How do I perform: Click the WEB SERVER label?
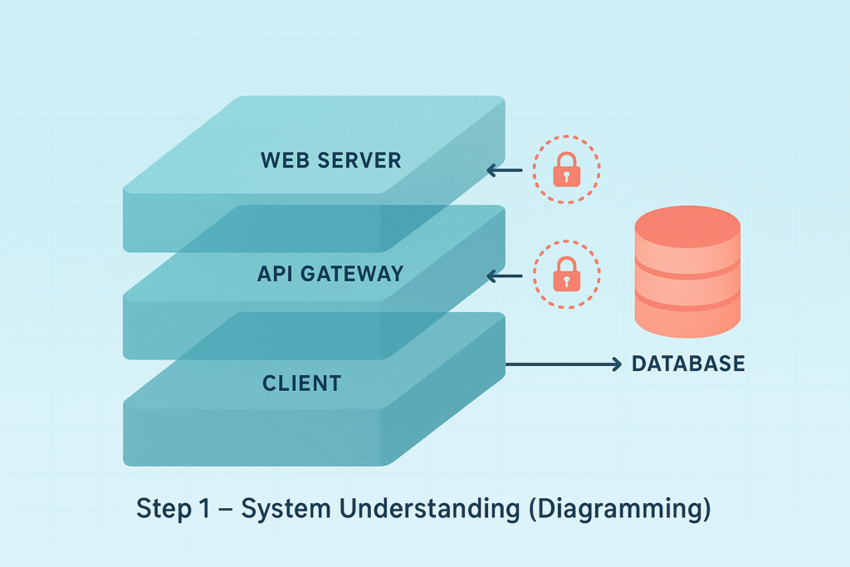point(330,159)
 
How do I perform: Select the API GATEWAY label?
point(330,273)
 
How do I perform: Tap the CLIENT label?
point(301,384)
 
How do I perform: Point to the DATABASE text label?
point(688,364)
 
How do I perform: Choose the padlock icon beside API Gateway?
point(566,275)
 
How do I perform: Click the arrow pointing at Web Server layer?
point(504,171)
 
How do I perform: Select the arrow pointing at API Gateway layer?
point(504,275)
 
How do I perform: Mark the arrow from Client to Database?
point(564,364)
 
